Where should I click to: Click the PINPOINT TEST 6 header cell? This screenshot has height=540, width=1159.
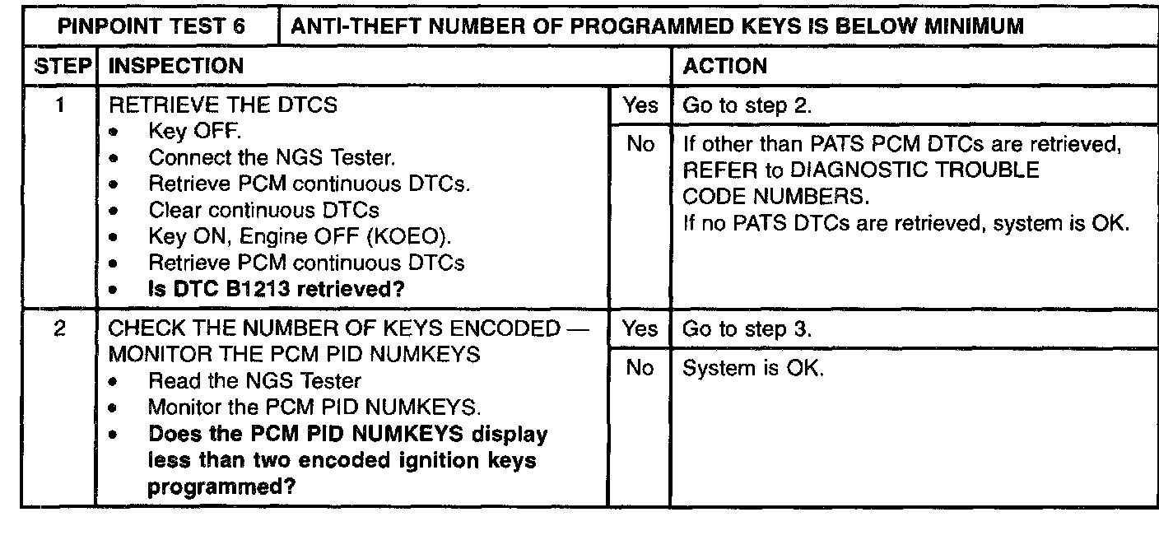pos(151,26)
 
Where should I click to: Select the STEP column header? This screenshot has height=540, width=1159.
pos(61,66)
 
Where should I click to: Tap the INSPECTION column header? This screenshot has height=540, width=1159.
pos(175,66)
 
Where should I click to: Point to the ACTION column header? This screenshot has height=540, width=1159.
pos(725,66)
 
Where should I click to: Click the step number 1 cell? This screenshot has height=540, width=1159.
pos(60,105)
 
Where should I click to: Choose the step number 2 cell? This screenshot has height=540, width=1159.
pos(60,328)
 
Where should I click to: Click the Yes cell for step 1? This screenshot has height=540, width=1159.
pos(640,105)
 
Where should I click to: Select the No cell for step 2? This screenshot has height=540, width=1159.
pos(640,369)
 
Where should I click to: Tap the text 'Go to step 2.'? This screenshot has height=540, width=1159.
pos(747,105)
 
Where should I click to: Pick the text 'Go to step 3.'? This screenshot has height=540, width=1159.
pos(747,329)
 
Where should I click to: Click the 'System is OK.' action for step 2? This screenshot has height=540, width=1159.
pos(753,369)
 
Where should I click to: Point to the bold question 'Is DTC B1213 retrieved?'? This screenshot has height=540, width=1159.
pos(280,289)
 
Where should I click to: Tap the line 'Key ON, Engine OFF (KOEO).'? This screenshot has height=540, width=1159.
pos(300,236)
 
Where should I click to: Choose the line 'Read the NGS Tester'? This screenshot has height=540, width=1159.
pos(254,381)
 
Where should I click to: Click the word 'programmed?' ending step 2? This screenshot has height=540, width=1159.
pos(222,486)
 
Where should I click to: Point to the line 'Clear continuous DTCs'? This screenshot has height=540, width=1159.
pos(263,210)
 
